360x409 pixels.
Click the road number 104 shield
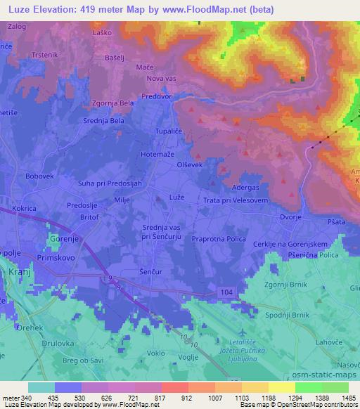pos(224,290)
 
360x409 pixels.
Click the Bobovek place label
pos(39,176)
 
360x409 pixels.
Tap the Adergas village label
pos(245,188)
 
